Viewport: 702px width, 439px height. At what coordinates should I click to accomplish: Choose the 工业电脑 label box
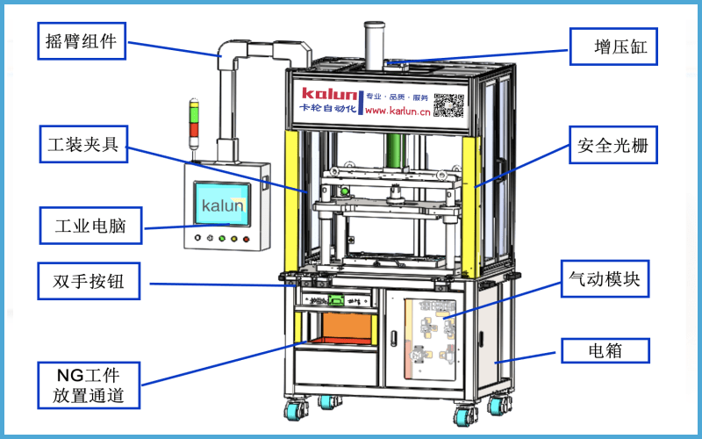(x=85, y=226)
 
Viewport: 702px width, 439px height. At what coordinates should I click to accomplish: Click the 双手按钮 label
(x=85, y=283)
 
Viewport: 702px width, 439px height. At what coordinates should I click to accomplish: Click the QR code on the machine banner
(x=448, y=103)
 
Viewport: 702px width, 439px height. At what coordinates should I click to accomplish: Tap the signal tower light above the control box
(x=195, y=121)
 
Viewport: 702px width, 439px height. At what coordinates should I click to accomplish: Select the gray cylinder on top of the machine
(x=375, y=44)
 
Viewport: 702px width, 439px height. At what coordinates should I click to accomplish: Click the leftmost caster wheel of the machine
(x=291, y=408)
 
